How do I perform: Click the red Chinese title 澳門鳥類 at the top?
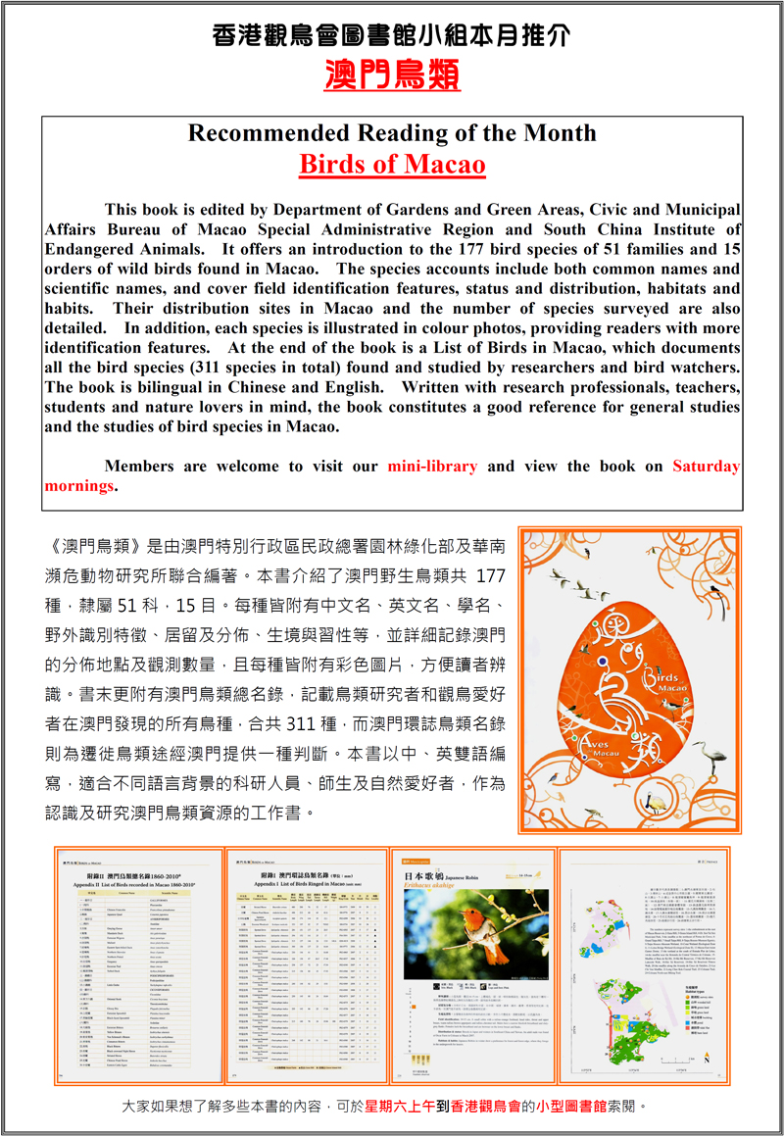coord(392,75)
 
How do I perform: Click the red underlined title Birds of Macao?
coord(392,163)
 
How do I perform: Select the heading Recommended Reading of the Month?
coord(392,132)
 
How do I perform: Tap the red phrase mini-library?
coord(432,467)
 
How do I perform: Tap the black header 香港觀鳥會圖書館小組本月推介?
coord(392,36)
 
